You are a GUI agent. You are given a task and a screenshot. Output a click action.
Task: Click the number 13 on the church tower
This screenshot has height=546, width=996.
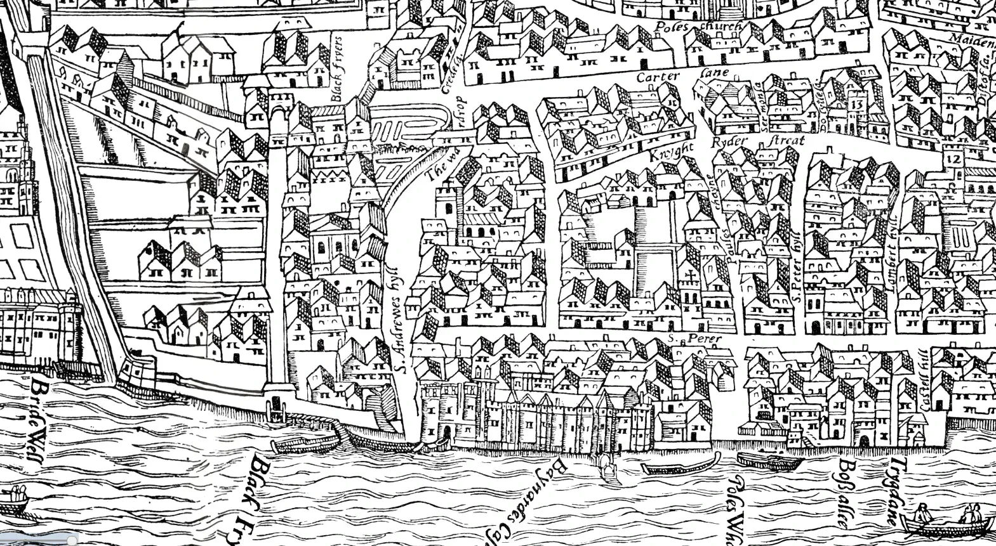pyautogui.click(x=858, y=105)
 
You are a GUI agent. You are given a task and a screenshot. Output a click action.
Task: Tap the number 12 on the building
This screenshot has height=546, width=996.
pyautogui.click(x=952, y=159)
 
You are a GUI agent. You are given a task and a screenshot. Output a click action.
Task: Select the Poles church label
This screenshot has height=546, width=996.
pyautogui.click(x=698, y=27)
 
